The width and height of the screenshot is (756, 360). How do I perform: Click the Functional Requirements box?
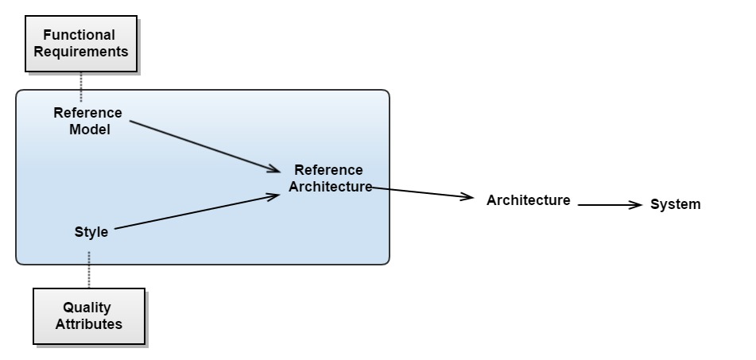(79, 44)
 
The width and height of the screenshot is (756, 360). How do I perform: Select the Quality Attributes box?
(88, 315)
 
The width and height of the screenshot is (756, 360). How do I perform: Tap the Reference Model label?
(88, 121)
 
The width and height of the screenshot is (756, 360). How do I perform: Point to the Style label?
(91, 232)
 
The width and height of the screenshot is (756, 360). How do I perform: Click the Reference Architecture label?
(329, 179)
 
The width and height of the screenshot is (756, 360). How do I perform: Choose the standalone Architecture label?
(528, 200)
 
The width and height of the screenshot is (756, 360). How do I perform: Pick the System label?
(676, 204)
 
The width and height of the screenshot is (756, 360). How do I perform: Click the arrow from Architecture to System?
(608, 205)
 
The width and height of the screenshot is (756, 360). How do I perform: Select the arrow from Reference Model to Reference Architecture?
(205, 146)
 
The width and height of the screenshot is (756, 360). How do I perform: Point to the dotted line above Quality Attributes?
(89, 270)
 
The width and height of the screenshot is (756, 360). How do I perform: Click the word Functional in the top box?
(79, 35)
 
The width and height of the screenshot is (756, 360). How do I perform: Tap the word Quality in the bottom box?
(88, 308)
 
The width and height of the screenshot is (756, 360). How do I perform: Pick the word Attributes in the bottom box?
(88, 324)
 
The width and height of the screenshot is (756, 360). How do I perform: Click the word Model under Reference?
(89, 130)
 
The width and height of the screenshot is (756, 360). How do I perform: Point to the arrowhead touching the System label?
(635, 205)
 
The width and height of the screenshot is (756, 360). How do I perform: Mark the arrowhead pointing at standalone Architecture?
(467, 198)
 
